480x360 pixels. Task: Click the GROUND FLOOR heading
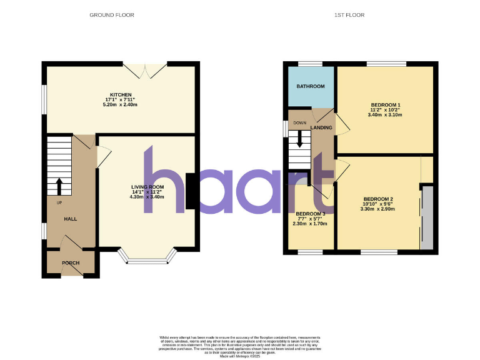[112, 14]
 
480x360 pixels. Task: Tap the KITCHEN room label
[120, 94]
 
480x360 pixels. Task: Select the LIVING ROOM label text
[147, 187]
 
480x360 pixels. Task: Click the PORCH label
[71, 262]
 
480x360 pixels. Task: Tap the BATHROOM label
[310, 86]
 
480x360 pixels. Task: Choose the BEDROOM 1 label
[385, 104]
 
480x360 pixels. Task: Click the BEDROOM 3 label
[311, 214]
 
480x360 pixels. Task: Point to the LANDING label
[321, 127]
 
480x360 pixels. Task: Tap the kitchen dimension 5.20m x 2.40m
[120, 104]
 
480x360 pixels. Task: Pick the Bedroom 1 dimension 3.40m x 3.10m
[385, 115]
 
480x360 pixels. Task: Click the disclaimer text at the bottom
[240, 344]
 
